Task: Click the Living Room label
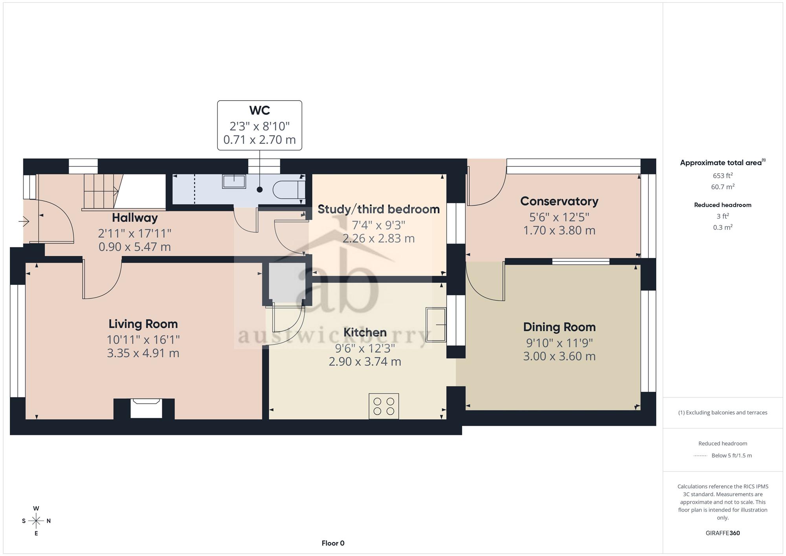[x=143, y=324]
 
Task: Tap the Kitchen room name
[x=365, y=332]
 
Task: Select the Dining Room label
[x=559, y=327]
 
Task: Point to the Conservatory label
[x=559, y=201]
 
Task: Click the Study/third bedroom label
[x=378, y=209]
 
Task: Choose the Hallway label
[x=135, y=218]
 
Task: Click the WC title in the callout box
[x=259, y=110]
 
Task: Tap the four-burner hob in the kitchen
[x=384, y=406]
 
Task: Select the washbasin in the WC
[x=234, y=182]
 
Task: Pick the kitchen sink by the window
[x=436, y=325]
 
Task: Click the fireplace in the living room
[x=146, y=408]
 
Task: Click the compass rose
[x=36, y=521]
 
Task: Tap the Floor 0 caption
[x=333, y=543]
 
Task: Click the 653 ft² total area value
[x=723, y=176]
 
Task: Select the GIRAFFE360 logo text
[x=723, y=533]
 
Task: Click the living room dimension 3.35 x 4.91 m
[x=143, y=353]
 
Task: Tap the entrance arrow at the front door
[x=24, y=222]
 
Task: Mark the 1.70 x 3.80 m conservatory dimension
[x=559, y=230]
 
